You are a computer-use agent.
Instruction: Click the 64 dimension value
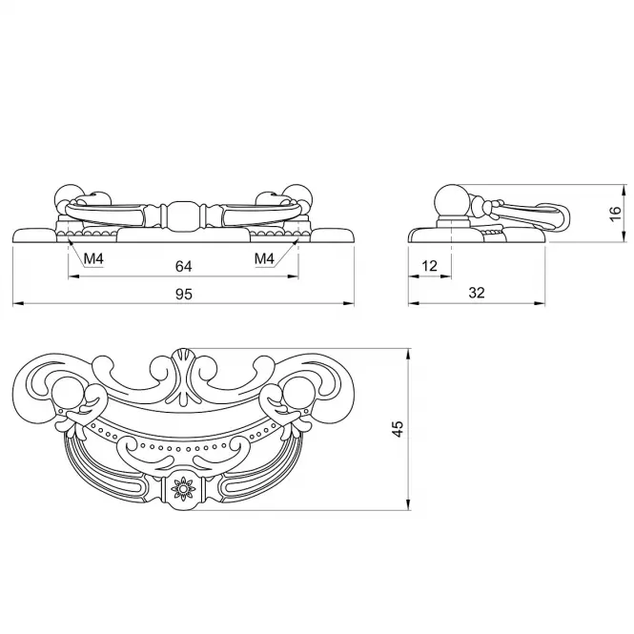(183, 266)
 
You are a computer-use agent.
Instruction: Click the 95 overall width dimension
(184, 294)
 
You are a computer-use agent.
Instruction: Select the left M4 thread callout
(93, 258)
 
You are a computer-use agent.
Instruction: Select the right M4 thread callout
(264, 258)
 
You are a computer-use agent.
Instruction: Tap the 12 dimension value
(429, 266)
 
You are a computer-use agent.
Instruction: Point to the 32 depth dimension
(477, 293)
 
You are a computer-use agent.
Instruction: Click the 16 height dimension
(615, 214)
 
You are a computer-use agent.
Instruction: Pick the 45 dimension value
(398, 429)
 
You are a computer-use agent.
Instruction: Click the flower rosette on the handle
(183, 488)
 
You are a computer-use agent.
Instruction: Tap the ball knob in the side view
(451, 201)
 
